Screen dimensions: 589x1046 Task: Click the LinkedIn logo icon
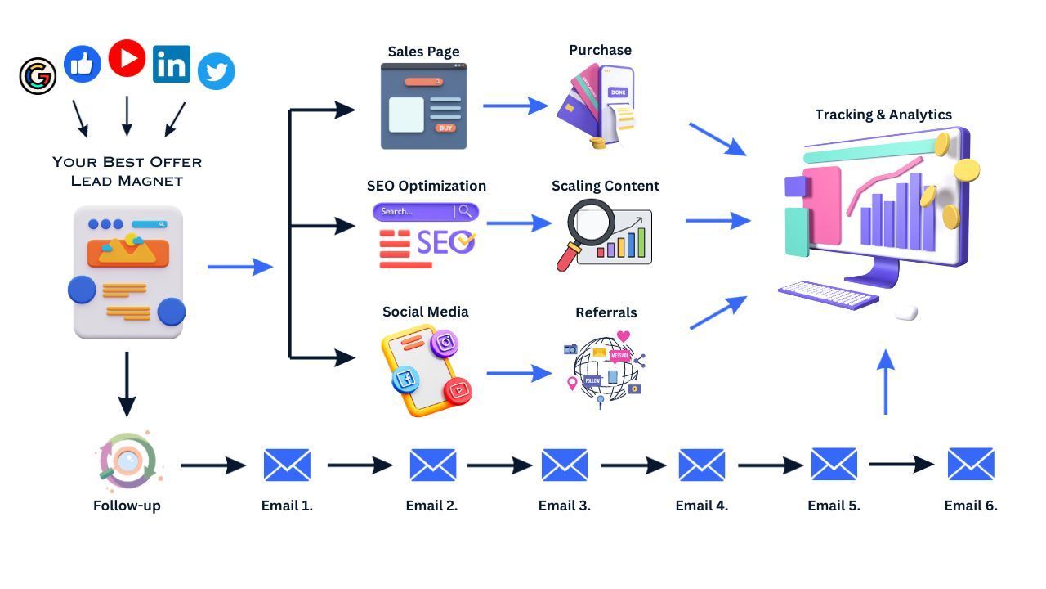point(171,64)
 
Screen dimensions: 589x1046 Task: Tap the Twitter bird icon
point(216,71)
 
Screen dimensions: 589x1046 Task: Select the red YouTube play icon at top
point(127,58)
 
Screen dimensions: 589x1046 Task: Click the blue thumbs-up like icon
point(83,64)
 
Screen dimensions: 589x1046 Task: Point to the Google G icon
point(38,76)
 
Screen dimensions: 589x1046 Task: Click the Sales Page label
point(423,52)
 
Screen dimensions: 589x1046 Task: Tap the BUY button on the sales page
point(445,128)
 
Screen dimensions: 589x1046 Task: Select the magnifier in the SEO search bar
point(465,211)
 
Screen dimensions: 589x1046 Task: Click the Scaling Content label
point(605,186)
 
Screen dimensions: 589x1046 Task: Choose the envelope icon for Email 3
point(564,465)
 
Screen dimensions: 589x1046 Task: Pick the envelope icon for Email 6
point(970,464)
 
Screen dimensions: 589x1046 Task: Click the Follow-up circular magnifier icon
point(127,461)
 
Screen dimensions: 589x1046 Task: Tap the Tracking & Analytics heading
point(883,115)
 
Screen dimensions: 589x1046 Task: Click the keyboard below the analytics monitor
point(828,294)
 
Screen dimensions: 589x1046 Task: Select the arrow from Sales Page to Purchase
point(515,105)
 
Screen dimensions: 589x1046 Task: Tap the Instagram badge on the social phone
point(444,343)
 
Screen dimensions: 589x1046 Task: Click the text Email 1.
point(287,506)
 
